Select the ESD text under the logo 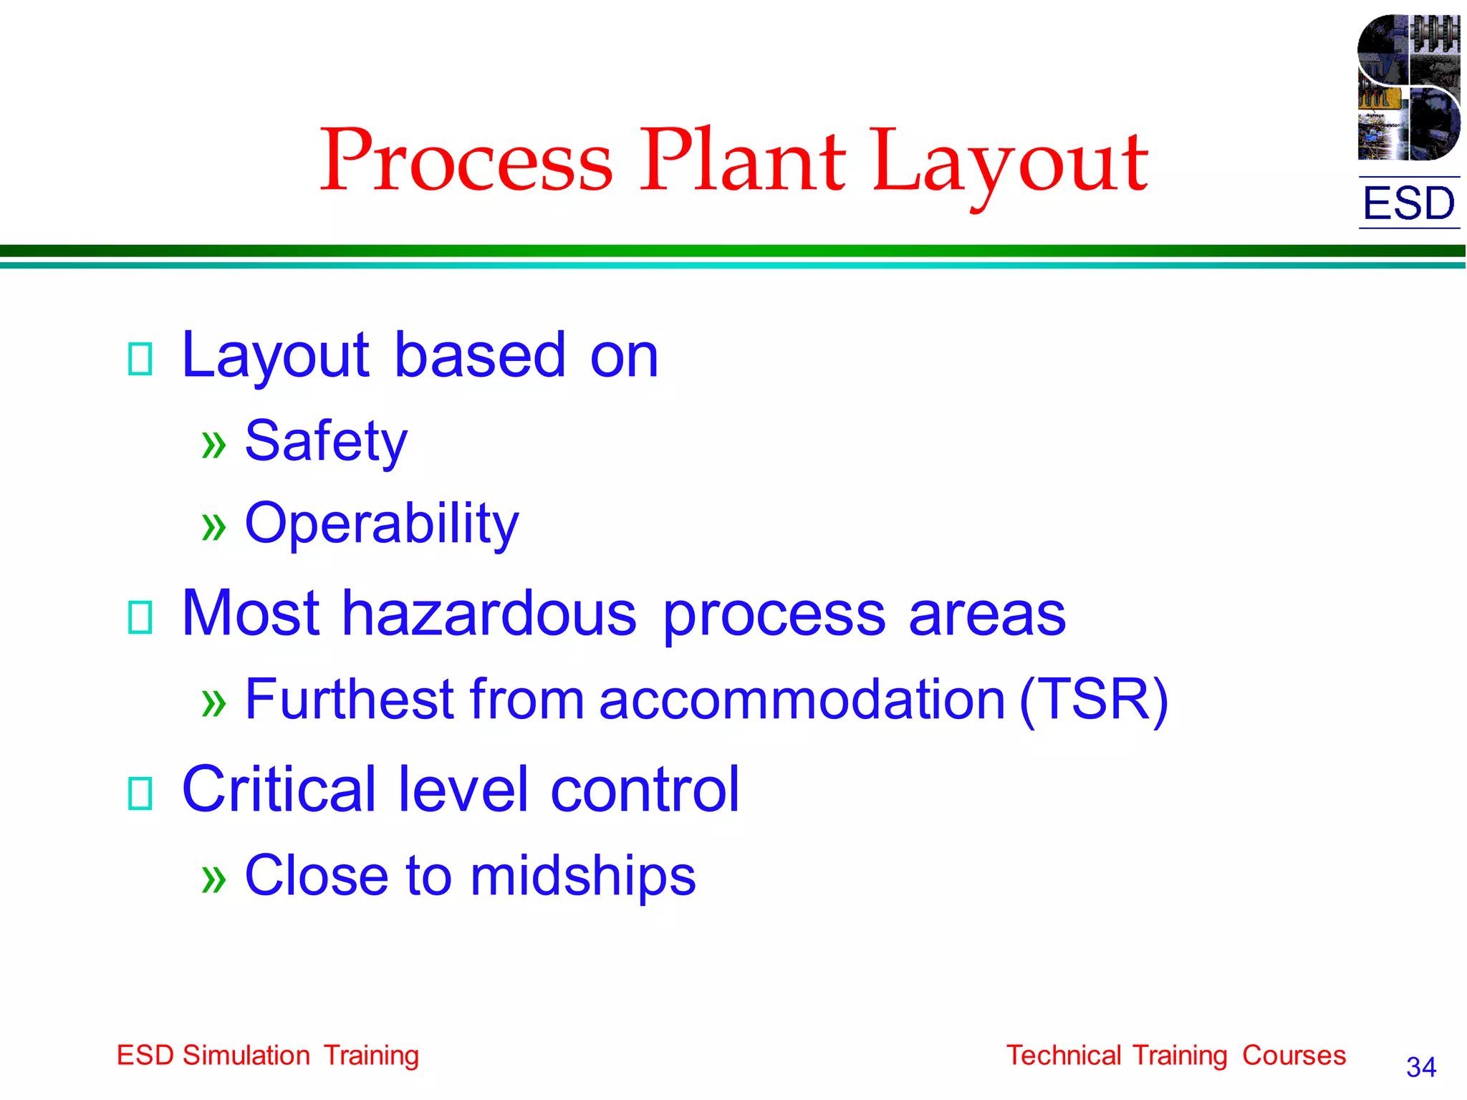tap(1409, 203)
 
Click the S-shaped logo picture tap(1408, 87)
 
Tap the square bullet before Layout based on tap(140, 359)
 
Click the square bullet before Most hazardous tap(140, 617)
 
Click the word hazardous tap(489, 614)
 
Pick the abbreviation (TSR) tap(1094, 700)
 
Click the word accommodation tap(802, 700)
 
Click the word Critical tap(279, 789)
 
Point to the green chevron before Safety tap(213, 445)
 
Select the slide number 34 tap(1421, 1068)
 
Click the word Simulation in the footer tap(246, 1056)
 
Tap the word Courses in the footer tap(1294, 1056)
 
